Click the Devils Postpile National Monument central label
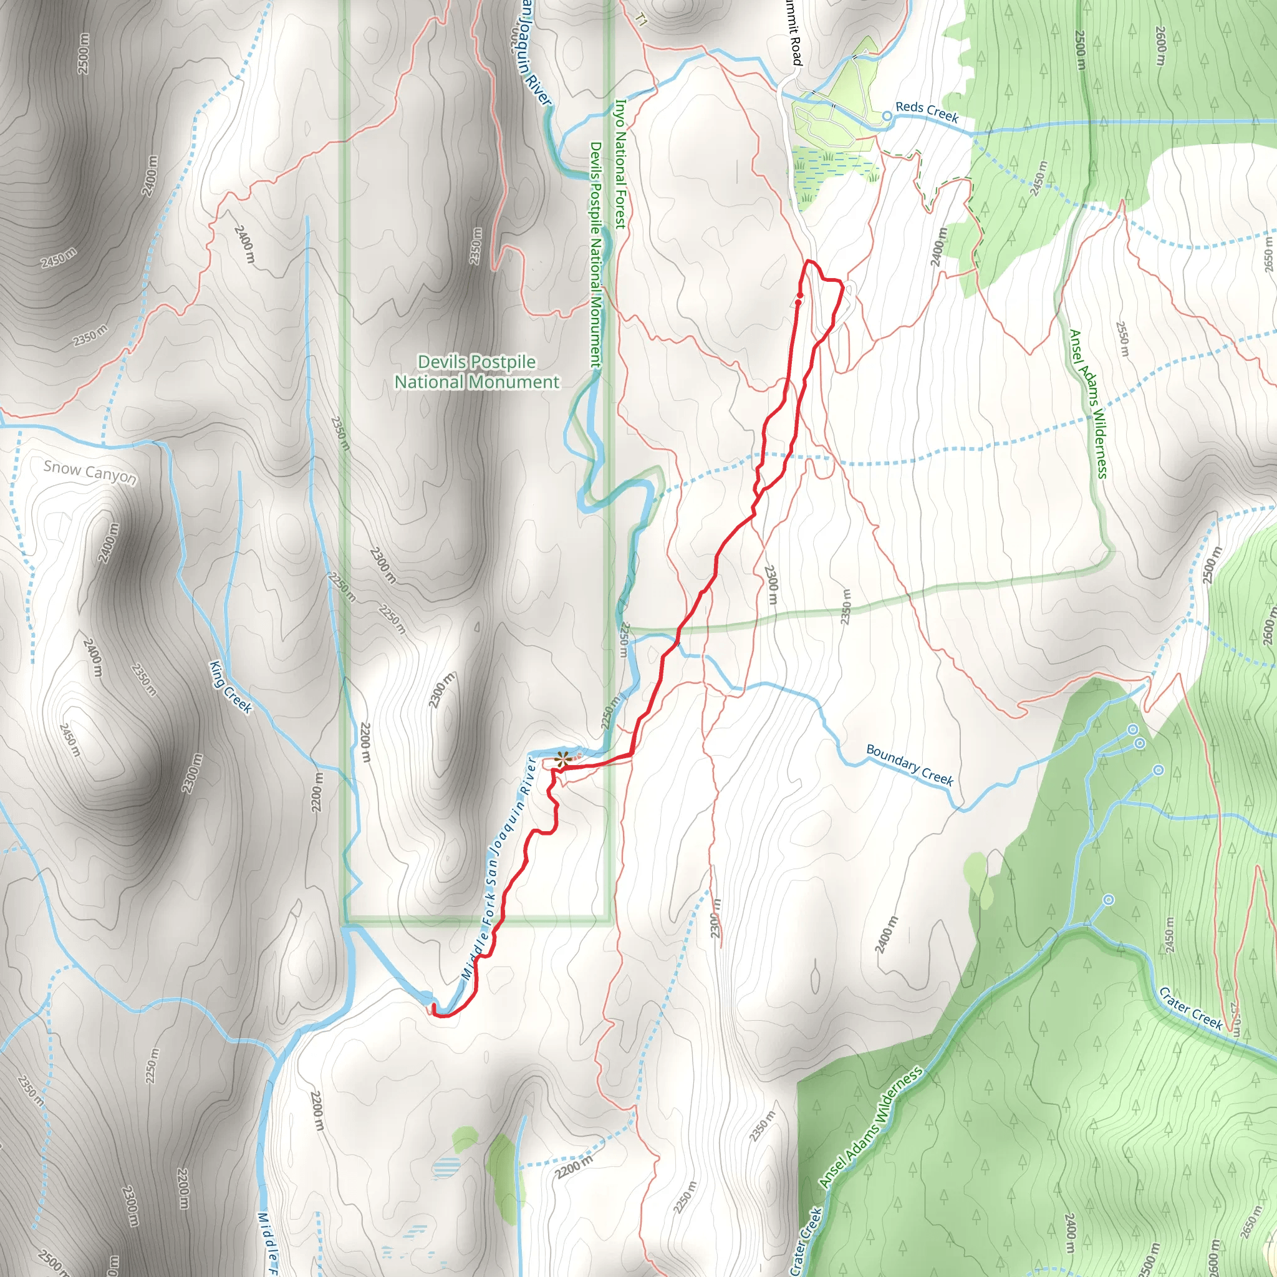(x=476, y=372)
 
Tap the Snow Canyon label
(x=90, y=472)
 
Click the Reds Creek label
(x=927, y=112)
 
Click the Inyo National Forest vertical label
(x=620, y=164)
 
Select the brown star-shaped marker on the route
(x=562, y=760)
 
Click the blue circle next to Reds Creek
(x=888, y=117)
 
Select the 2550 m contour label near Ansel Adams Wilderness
(x=1122, y=339)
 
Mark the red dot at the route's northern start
(x=799, y=302)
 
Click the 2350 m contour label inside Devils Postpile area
(x=476, y=246)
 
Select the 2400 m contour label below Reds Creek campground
(x=938, y=246)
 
